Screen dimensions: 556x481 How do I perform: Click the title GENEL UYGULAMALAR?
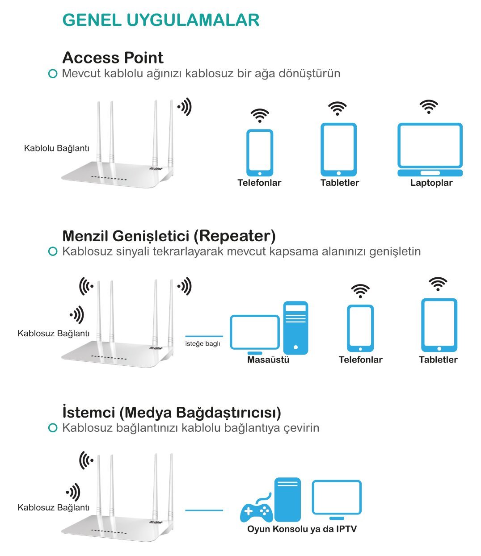pos(161,20)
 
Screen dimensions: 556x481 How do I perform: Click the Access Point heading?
pos(113,58)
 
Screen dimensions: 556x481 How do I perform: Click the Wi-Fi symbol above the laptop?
pos(429,107)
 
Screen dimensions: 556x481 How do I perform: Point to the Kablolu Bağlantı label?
pos(57,148)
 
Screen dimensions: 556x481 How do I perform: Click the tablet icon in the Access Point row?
pos(338,149)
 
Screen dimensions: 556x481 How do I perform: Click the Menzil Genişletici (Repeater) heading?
pos(169,235)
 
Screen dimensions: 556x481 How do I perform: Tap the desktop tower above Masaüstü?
pos(295,327)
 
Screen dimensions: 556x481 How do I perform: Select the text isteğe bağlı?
pos(203,343)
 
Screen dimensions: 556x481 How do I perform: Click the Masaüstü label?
pos(268,360)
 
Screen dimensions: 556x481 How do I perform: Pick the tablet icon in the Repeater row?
pos(439,325)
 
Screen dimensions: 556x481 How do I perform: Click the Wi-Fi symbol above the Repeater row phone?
pos(360,291)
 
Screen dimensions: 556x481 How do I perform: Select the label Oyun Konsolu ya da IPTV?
pos(302,529)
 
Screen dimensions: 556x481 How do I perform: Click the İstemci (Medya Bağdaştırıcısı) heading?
pos(172,412)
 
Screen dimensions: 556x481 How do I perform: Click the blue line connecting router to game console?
pos(204,510)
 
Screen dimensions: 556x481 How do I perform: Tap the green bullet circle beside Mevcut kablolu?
pos(53,74)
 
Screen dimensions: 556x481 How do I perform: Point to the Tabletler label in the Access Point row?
pos(340,183)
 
